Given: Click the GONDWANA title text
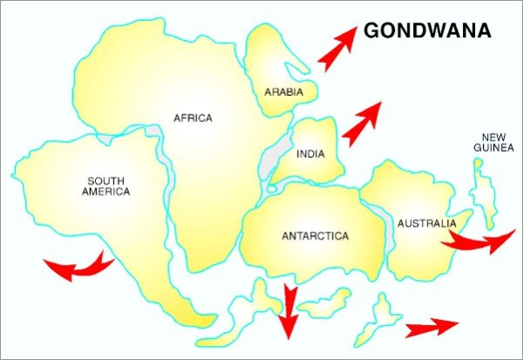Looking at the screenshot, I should pyautogui.click(x=426, y=31).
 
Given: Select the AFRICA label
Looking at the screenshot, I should pyautogui.click(x=193, y=119).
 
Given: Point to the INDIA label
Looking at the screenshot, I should pyautogui.click(x=310, y=155).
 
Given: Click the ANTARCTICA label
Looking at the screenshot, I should pyautogui.click(x=315, y=236).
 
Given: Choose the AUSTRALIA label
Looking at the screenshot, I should pyautogui.click(x=426, y=224).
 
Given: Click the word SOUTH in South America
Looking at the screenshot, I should pyautogui.click(x=108, y=181).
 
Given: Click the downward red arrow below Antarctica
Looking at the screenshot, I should pyautogui.click(x=287, y=310).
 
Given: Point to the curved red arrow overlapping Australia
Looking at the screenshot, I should pyautogui.click(x=479, y=240).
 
